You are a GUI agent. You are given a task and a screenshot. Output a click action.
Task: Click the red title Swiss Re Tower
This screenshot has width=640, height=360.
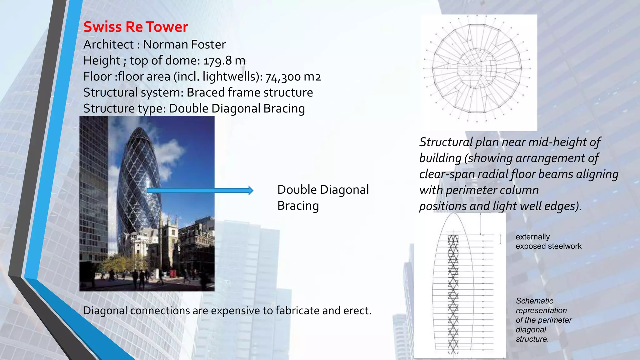(x=136, y=27)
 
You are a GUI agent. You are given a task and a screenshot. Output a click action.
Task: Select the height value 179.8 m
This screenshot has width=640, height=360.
(x=224, y=61)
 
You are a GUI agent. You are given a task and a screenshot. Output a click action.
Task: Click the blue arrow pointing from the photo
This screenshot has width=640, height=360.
(x=200, y=190)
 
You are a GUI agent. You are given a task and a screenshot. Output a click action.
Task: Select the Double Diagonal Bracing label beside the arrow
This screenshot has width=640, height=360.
(x=323, y=197)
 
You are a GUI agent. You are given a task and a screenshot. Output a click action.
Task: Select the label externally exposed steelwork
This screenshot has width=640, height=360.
(x=548, y=242)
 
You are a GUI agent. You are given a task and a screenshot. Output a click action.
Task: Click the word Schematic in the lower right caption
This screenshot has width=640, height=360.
(x=534, y=301)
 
